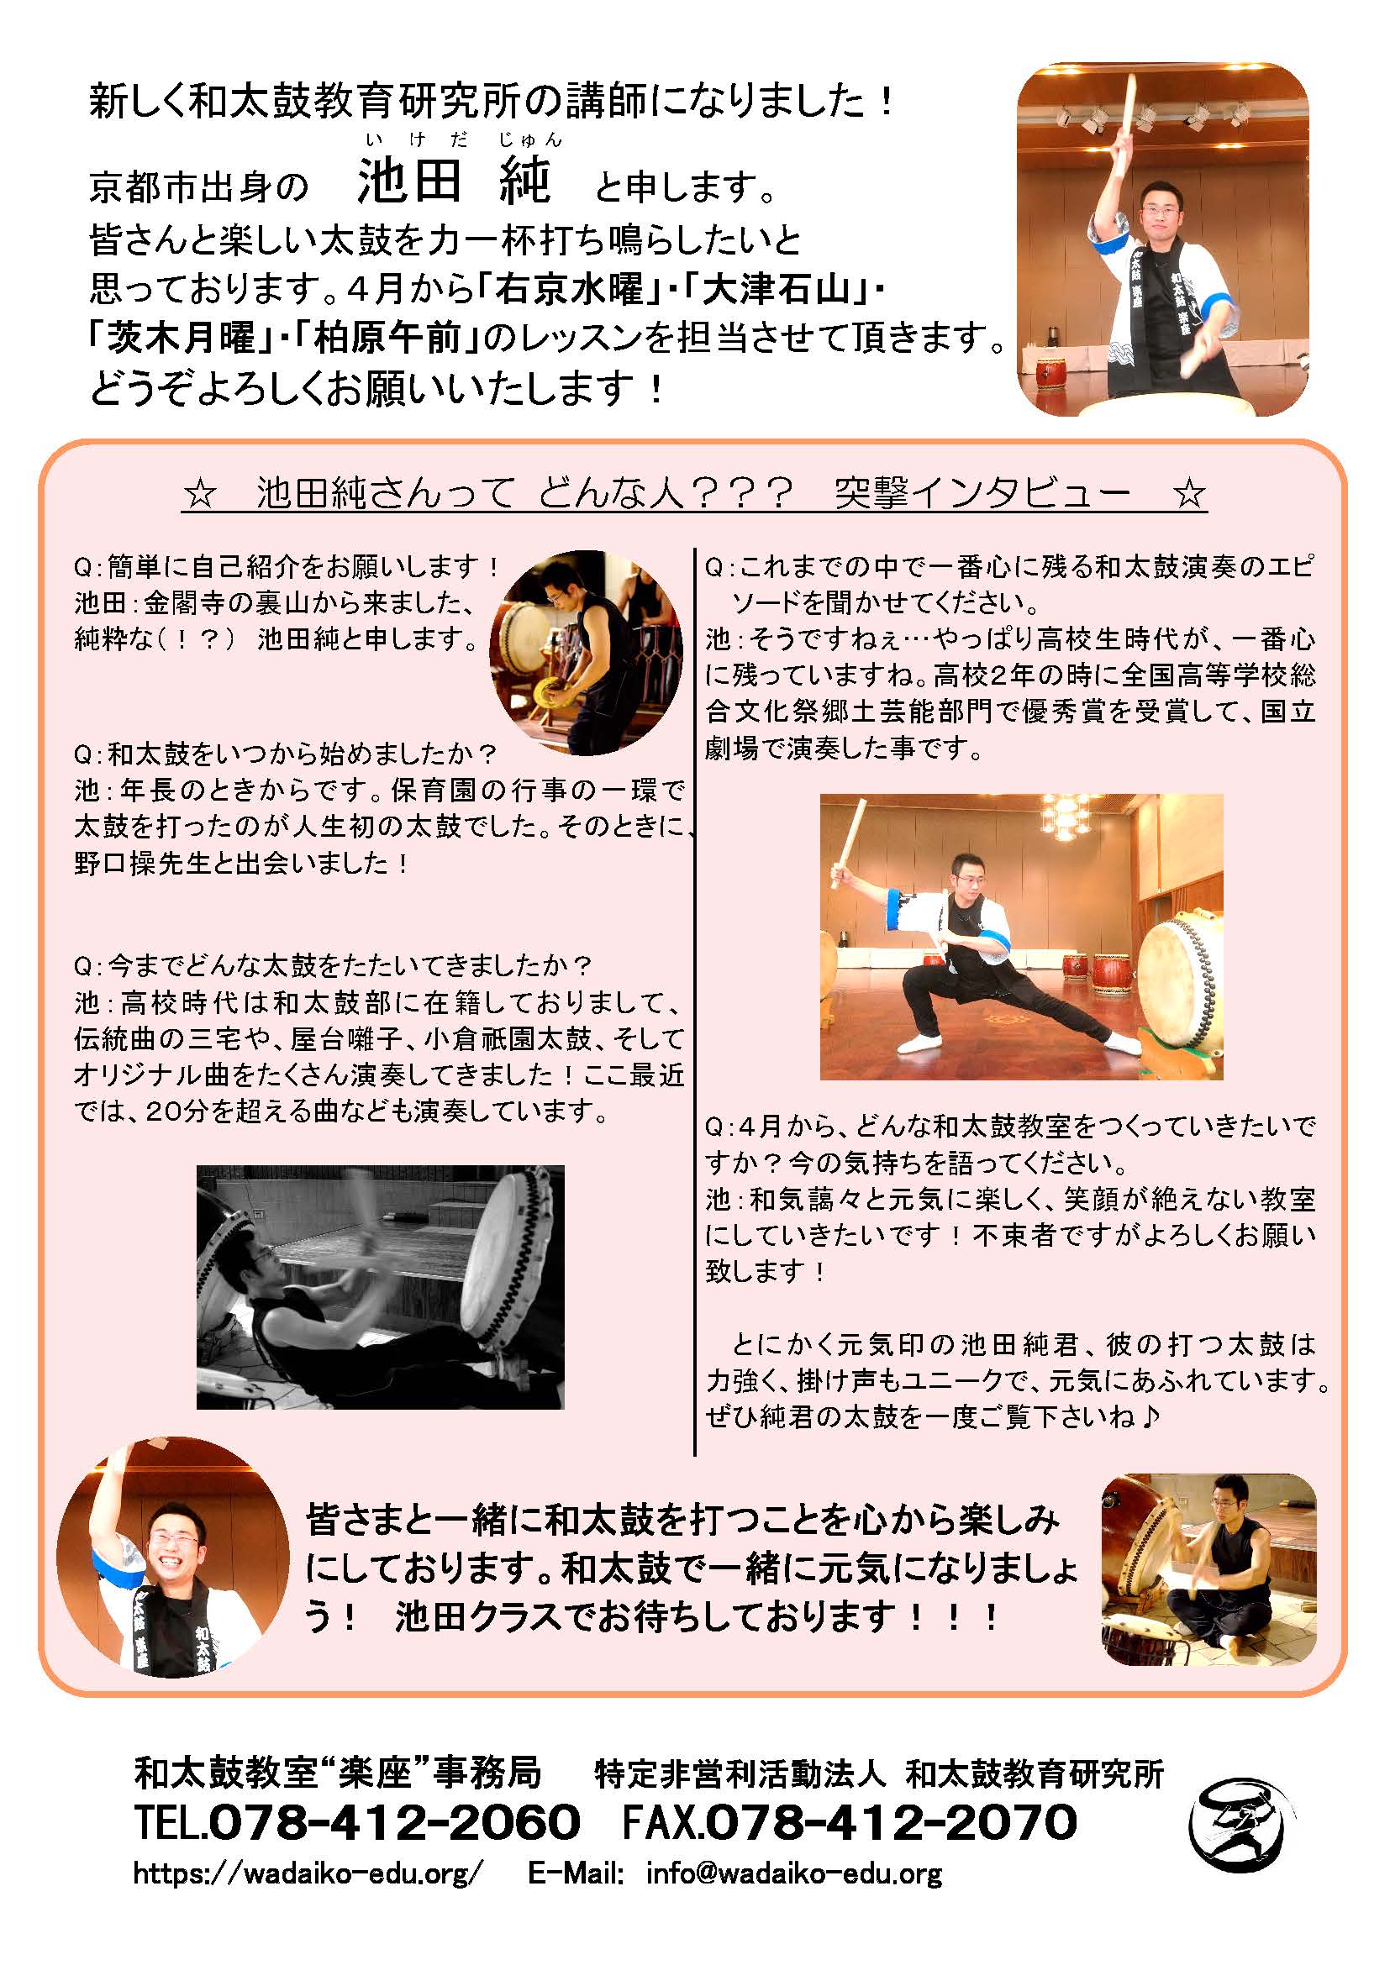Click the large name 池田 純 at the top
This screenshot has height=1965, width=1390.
454,182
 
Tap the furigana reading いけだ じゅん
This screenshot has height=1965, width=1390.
463,139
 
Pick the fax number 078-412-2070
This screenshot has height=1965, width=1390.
891,1821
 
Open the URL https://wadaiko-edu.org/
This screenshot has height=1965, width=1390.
308,1873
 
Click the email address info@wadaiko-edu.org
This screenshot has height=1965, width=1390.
794,1873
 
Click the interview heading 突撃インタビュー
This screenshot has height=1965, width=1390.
982,494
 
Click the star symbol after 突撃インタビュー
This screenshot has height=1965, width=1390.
1189,495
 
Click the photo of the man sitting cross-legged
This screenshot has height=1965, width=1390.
1208,1569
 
